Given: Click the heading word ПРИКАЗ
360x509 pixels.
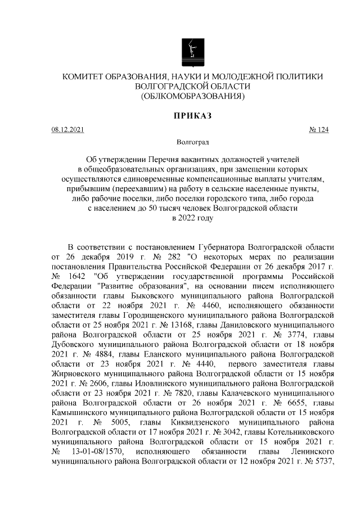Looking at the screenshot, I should click(192, 116).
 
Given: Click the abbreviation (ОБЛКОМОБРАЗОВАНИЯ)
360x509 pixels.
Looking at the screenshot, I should click(192, 96).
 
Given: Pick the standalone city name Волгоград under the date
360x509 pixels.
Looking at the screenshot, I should click(192, 143).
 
